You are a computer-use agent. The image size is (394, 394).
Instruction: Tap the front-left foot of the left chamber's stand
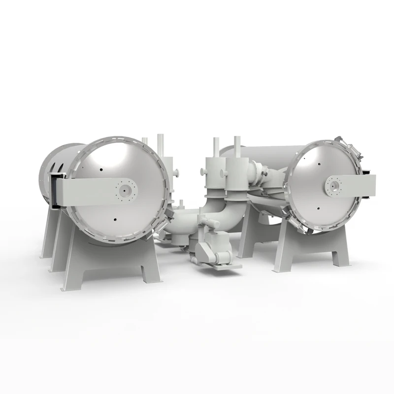71,285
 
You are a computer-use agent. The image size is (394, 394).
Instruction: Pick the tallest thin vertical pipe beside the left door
159,145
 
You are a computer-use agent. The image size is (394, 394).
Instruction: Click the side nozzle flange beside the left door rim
175,172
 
